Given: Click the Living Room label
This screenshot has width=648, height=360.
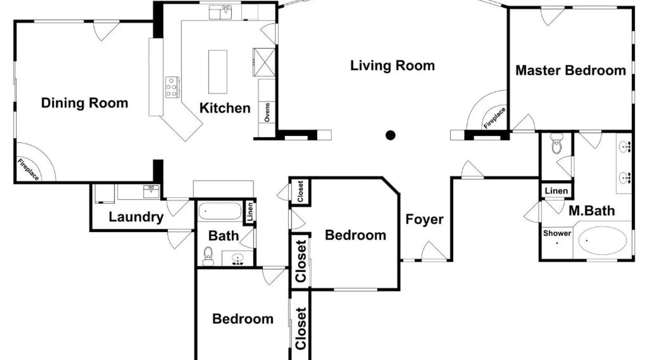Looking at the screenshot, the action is tap(392, 66).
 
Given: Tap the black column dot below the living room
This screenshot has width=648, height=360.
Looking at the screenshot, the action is tap(390, 135).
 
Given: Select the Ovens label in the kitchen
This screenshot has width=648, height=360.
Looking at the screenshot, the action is tap(267, 112).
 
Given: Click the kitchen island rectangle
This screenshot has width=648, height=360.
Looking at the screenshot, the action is tap(218, 72).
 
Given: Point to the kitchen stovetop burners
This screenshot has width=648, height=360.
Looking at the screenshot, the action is tap(172, 87).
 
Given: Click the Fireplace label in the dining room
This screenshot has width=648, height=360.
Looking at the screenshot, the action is tap(28, 169).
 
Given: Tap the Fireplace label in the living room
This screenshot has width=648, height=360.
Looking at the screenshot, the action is tap(494, 118).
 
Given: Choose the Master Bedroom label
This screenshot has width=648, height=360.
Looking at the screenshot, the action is tap(571, 71).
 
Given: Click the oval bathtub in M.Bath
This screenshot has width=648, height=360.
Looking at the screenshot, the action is tap(602, 240).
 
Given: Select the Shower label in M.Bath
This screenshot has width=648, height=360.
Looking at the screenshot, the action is tap(557, 233).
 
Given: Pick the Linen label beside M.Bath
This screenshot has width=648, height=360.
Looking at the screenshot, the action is tap(556, 191).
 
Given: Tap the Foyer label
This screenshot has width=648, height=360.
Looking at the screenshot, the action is tap(424, 219).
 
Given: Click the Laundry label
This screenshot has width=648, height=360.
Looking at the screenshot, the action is tap(136, 217).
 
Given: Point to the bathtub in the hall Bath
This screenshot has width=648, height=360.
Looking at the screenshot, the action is tap(220, 211).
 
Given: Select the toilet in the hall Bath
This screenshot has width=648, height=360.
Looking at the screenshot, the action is tap(208, 256).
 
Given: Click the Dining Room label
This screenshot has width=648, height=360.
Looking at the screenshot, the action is tap(85, 103).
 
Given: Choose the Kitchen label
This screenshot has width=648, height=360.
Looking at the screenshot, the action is tap(225, 108).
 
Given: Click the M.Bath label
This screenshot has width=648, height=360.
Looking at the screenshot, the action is tap(591, 211).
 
